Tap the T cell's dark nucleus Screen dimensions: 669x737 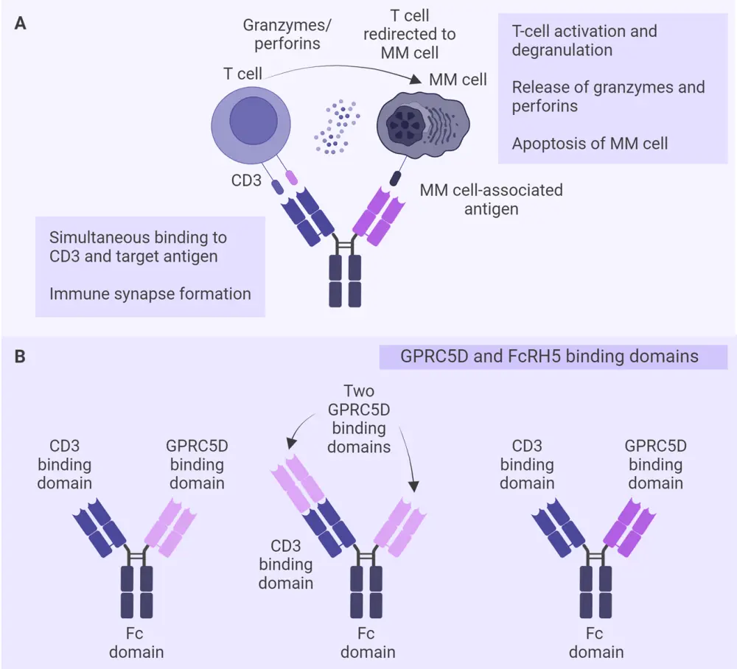point(254,122)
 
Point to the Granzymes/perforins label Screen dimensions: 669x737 point(287,34)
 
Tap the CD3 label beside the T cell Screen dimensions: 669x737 point(245,180)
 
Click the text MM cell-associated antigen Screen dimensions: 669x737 point(491,199)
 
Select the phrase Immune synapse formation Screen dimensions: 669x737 point(150,294)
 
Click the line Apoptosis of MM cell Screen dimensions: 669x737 point(590,143)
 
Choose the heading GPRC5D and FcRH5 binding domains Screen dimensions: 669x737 point(549,357)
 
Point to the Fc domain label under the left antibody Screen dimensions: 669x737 point(136,642)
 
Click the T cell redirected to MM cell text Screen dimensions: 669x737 point(418,34)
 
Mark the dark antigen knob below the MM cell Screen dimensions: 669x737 point(396,178)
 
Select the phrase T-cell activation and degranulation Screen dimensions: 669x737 point(584,41)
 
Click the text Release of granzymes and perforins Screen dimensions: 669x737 point(608,97)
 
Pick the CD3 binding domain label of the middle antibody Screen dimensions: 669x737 point(285,565)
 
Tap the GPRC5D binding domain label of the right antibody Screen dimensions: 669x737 point(655,464)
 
